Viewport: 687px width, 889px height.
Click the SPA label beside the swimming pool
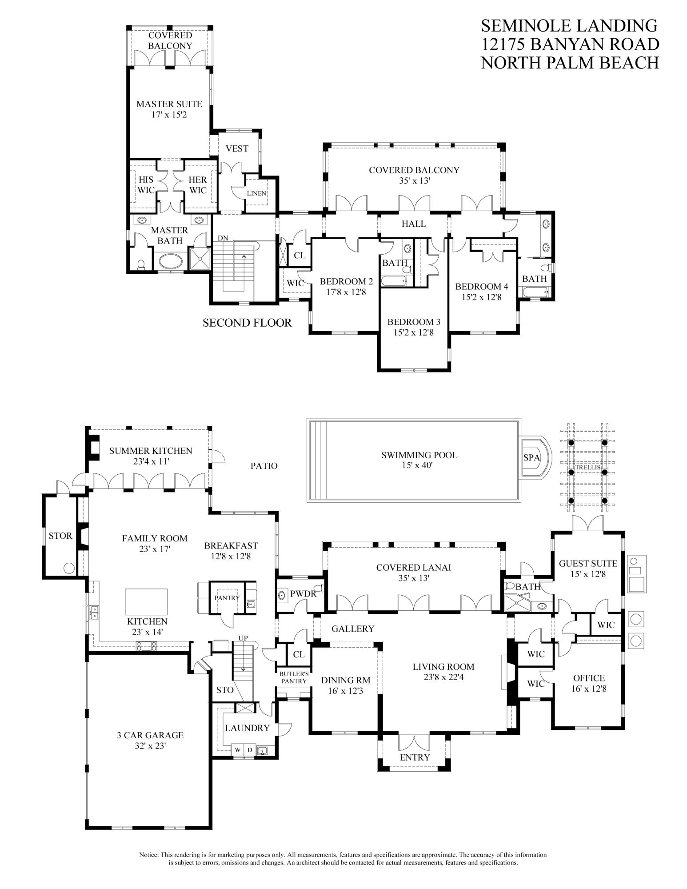click(x=531, y=457)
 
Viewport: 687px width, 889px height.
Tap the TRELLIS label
click(x=588, y=468)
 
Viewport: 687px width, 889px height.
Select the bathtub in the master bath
click(x=169, y=261)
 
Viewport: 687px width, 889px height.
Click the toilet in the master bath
click(x=141, y=264)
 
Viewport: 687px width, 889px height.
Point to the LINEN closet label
click(x=257, y=193)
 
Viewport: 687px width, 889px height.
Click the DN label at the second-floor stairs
click(x=223, y=238)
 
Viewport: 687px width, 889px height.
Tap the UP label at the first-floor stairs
click(x=243, y=638)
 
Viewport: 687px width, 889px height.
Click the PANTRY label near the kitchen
click(x=227, y=598)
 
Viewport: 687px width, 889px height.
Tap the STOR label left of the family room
click(x=60, y=536)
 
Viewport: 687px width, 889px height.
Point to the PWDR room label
click(x=303, y=593)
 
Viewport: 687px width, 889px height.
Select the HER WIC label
click(x=198, y=185)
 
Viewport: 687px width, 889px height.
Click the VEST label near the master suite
click(x=237, y=148)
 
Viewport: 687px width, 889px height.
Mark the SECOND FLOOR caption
click(x=247, y=323)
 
